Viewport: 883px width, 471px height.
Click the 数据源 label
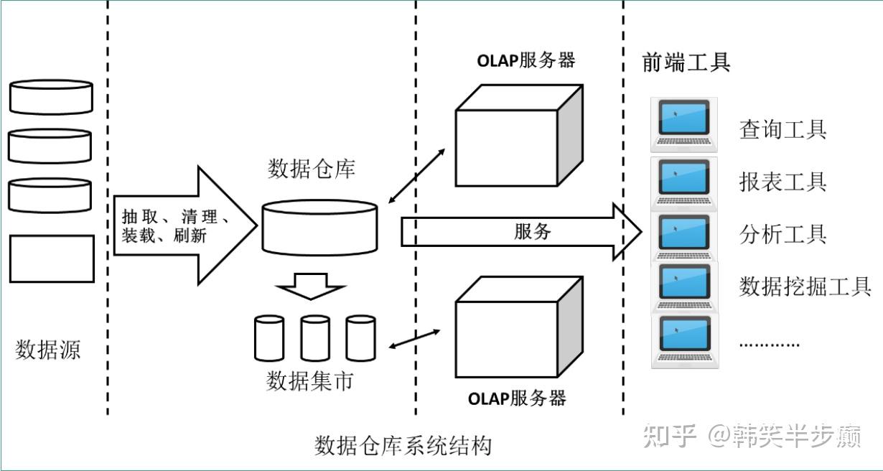click(47, 349)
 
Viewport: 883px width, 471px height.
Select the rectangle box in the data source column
click(52, 259)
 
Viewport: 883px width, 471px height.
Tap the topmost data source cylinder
click(51, 97)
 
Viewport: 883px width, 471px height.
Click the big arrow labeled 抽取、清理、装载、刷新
click(186, 225)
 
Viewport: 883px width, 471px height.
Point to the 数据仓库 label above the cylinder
click(312, 169)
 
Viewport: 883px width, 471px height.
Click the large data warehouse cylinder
click(319, 228)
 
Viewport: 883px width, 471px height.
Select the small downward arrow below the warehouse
click(311, 286)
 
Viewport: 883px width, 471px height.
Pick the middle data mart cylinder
click(315, 338)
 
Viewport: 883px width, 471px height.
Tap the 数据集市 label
click(309, 381)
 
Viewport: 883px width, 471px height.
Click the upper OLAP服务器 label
click(526, 61)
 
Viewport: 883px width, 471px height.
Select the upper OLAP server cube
click(519, 135)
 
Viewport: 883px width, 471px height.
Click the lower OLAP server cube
click(519, 327)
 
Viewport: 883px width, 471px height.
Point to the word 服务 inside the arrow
click(533, 231)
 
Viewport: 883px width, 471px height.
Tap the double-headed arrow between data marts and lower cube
click(414, 339)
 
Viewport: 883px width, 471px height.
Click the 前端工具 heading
click(686, 62)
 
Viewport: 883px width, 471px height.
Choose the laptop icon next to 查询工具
click(684, 125)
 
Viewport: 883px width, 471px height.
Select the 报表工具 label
click(783, 182)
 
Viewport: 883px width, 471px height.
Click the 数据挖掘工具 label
click(805, 286)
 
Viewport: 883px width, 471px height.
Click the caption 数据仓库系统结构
click(403, 446)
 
